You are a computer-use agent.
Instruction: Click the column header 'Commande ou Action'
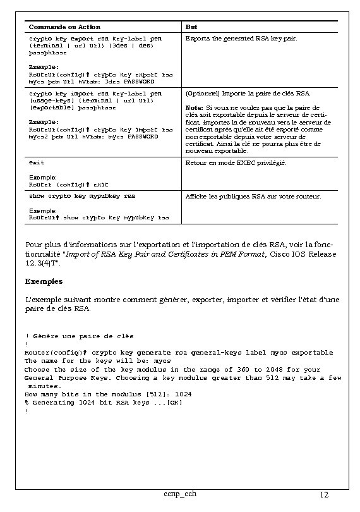pos(64,27)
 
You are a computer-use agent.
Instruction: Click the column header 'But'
pos(191,27)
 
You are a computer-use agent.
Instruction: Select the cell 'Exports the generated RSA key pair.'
pos(241,39)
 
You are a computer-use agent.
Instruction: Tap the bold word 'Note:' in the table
pos(195,107)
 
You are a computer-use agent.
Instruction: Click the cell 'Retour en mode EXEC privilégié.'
pos(236,163)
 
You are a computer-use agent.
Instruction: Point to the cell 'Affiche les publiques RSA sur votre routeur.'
pos(253,197)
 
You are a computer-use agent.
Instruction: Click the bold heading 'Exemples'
pos(44,280)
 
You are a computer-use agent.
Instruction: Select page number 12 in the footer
pos(324,494)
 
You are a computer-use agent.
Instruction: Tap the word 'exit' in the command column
pos(37,163)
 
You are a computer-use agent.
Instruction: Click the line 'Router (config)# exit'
pos(68,185)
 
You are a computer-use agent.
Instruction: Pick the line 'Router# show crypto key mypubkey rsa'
pos(99,217)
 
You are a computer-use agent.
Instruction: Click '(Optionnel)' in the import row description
pos(201,93)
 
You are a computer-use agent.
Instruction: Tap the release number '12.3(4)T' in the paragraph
pos(41,262)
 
